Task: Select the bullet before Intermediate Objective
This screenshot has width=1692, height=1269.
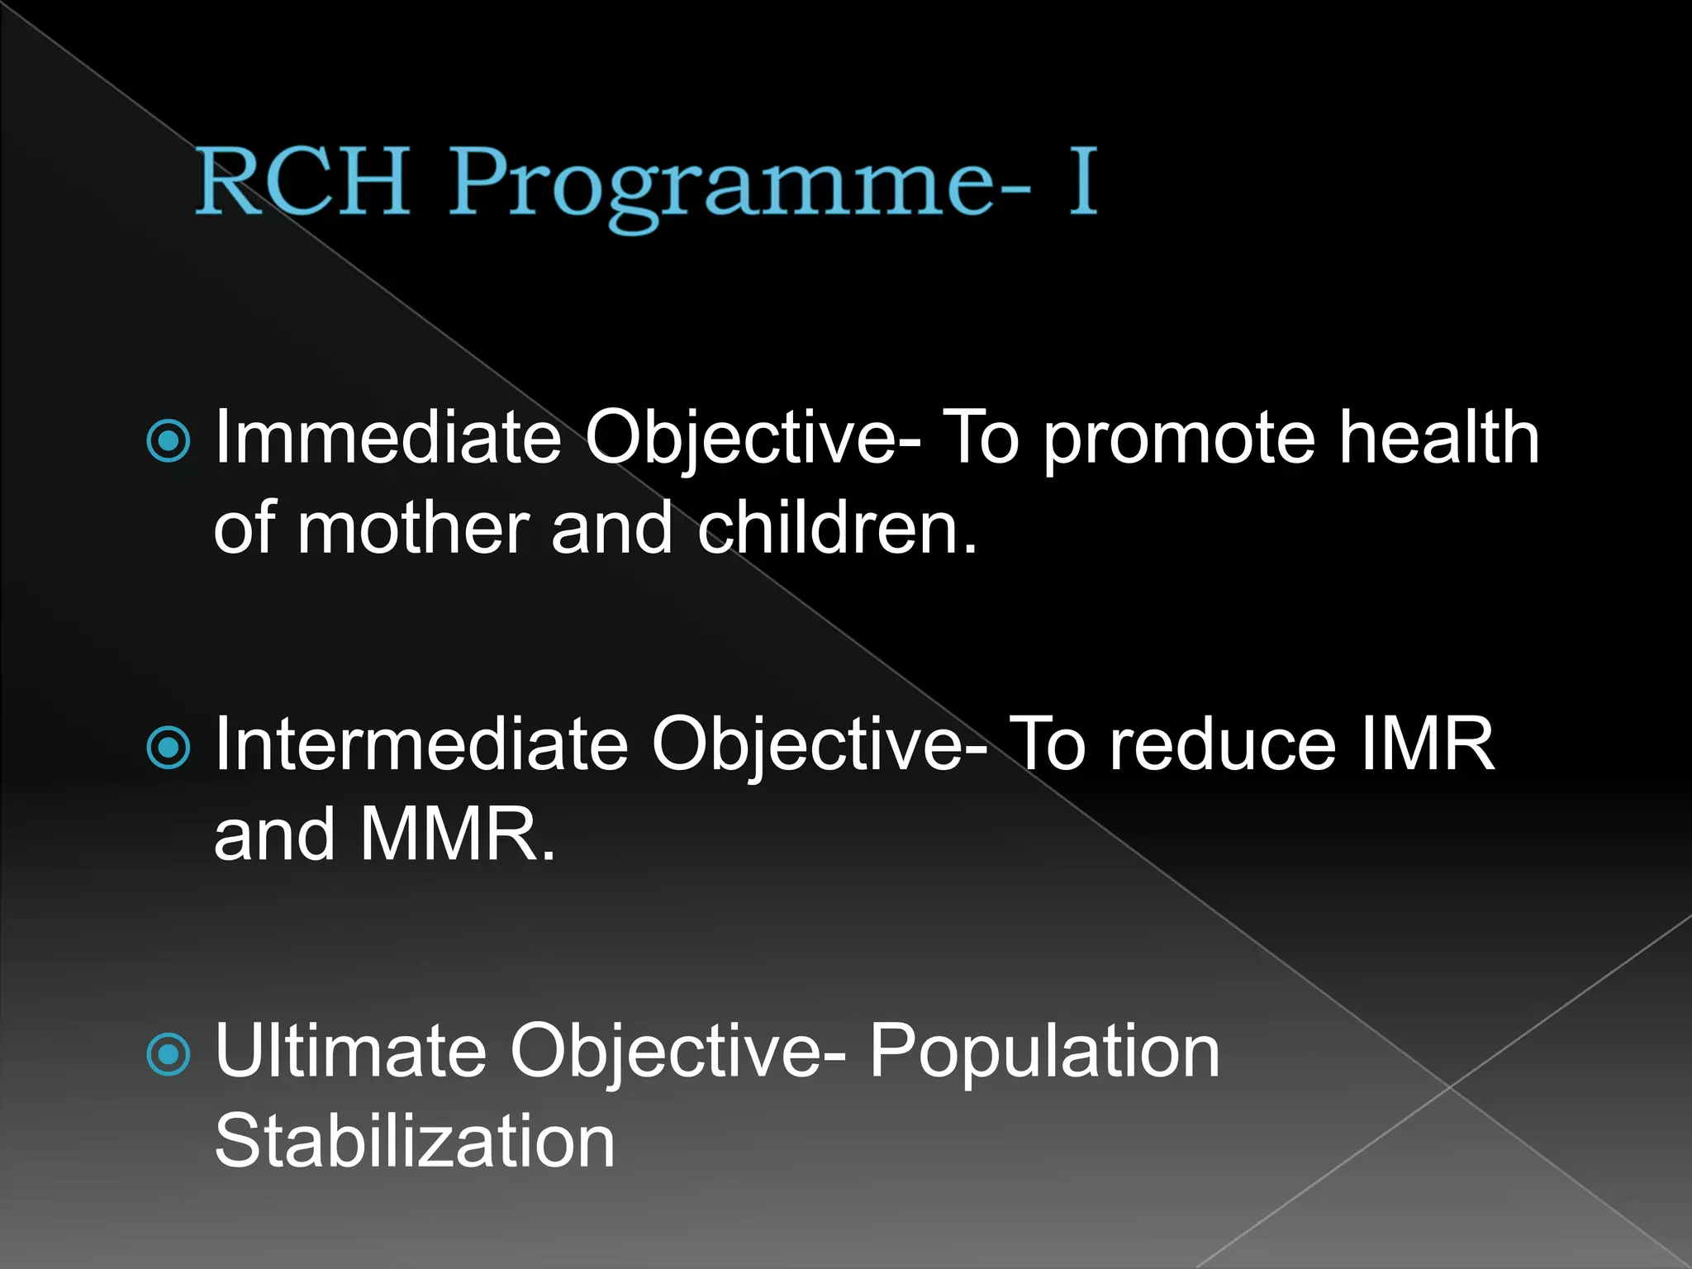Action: (169, 748)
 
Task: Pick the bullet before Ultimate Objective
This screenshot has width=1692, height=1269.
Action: (169, 1054)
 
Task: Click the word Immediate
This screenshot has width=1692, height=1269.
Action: (388, 438)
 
